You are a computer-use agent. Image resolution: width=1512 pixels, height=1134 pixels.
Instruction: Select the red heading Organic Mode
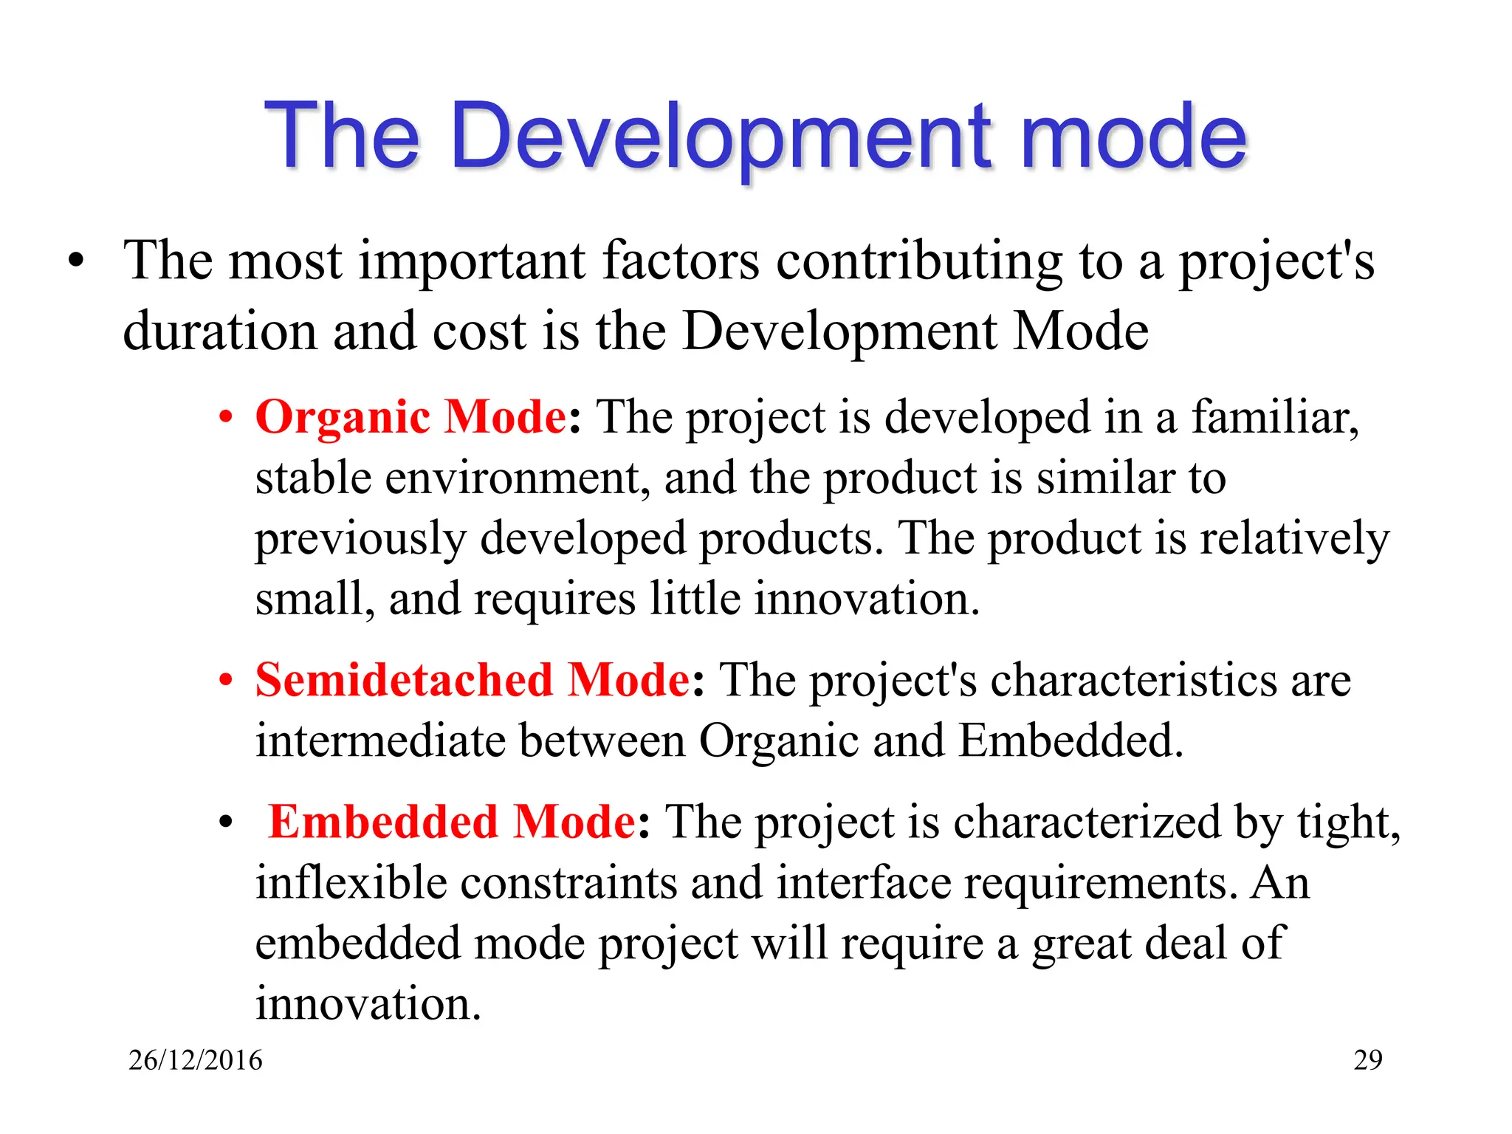click(410, 417)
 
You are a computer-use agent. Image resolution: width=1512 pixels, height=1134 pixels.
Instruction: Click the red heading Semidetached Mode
click(472, 680)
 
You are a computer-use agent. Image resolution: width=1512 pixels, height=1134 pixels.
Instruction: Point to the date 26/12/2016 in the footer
click(195, 1060)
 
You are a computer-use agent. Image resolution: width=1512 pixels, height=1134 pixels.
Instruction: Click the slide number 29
click(1367, 1060)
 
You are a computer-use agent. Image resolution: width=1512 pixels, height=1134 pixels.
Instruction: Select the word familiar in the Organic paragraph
click(1274, 417)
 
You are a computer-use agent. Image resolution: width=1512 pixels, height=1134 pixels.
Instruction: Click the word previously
click(360, 539)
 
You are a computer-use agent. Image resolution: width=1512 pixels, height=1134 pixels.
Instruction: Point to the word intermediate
click(380, 740)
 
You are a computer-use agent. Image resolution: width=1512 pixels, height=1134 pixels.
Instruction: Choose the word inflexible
click(351, 883)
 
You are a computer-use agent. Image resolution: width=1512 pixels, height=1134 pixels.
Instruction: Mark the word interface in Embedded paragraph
click(864, 883)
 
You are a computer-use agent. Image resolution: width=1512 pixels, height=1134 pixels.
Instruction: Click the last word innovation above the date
click(367, 1004)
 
